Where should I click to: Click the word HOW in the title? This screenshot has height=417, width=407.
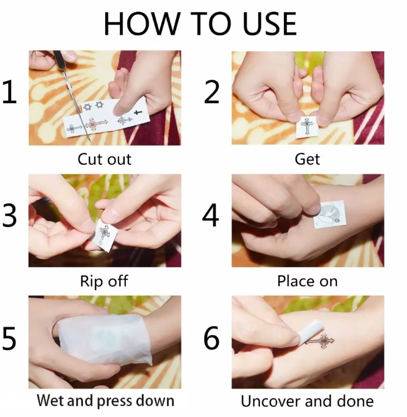(141, 24)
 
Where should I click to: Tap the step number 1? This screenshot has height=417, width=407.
(10, 92)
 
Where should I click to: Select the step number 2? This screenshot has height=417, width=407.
(212, 92)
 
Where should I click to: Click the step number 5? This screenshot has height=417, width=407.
(9, 338)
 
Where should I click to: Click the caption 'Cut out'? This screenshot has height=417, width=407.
(105, 159)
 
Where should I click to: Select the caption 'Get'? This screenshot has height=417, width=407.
(307, 159)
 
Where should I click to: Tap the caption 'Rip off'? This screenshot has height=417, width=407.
(104, 281)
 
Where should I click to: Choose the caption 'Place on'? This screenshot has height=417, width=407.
(307, 281)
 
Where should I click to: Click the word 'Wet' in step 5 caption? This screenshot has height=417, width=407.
(51, 400)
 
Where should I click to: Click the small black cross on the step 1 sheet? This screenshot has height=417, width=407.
(138, 112)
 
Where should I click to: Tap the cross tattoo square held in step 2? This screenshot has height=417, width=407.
(307, 126)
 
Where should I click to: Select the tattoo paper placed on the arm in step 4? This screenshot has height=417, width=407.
(330, 214)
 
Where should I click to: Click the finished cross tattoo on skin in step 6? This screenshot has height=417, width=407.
(320, 340)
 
